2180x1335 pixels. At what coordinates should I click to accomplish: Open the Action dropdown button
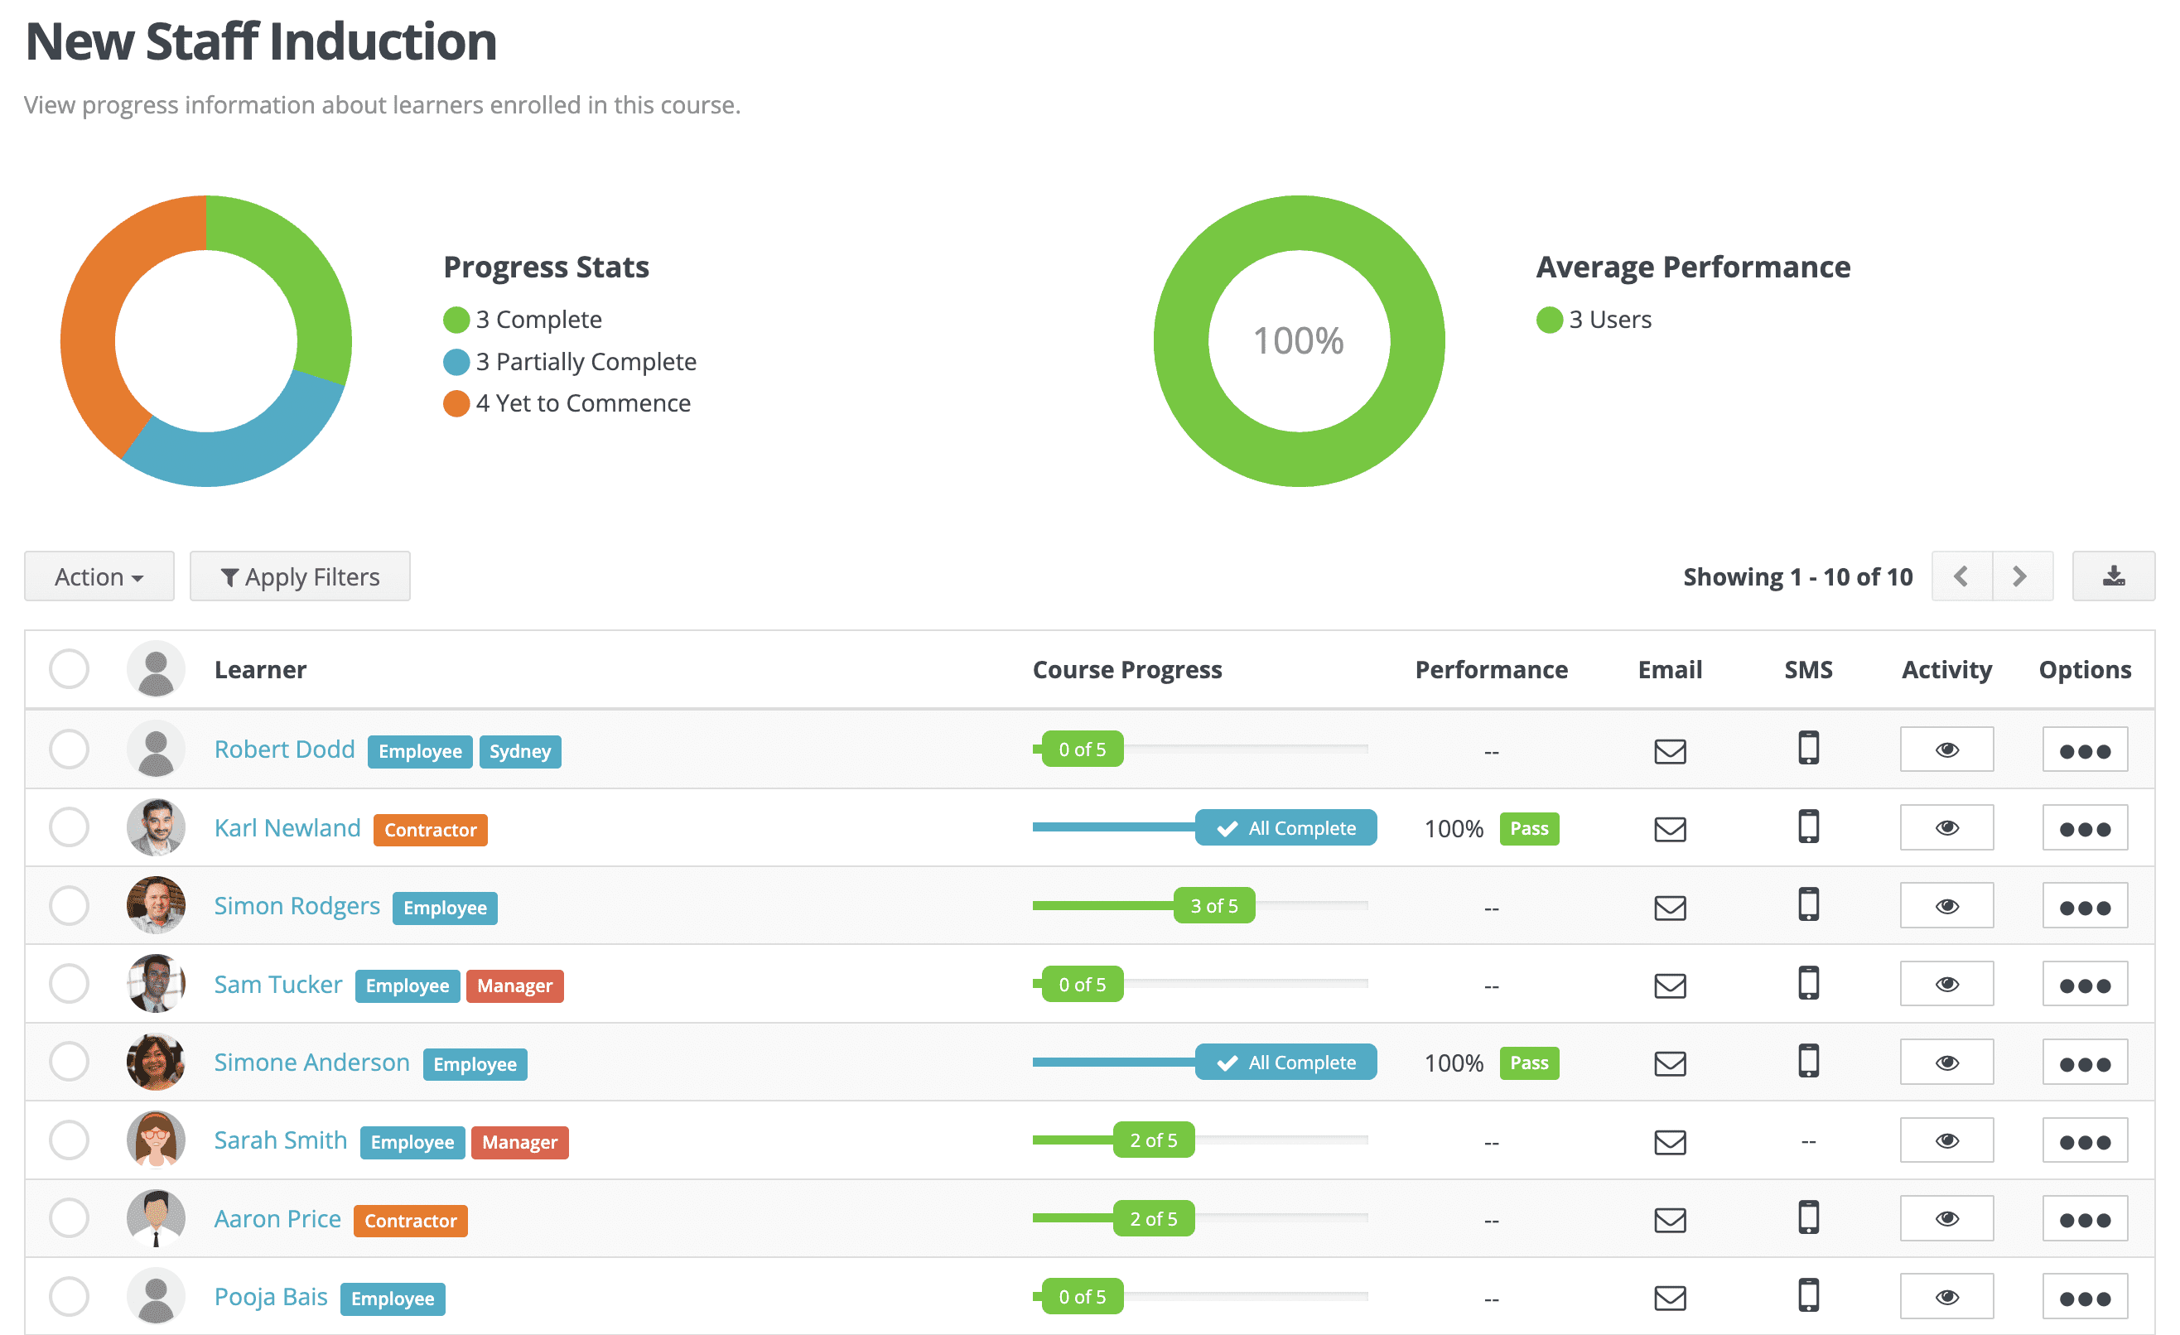tap(99, 577)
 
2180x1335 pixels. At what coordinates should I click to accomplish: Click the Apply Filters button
tap(300, 577)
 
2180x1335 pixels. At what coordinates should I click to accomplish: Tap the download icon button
tap(2114, 577)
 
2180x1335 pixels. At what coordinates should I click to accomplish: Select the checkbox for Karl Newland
tap(69, 828)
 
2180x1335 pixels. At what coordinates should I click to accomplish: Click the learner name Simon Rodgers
tap(297, 906)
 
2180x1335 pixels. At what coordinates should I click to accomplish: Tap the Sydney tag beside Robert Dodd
tap(520, 752)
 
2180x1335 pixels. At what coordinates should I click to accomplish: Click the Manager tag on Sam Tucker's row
tap(515, 986)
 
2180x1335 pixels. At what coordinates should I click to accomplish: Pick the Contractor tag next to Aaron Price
tap(411, 1221)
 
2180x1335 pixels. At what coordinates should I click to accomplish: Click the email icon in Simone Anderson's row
tap(1671, 1063)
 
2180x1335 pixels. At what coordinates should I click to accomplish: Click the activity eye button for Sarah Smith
tap(1946, 1141)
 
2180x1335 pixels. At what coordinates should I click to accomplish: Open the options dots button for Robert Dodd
tap(2085, 750)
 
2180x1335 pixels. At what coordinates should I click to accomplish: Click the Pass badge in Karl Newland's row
tap(1529, 829)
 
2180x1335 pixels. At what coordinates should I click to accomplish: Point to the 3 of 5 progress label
tap(1214, 906)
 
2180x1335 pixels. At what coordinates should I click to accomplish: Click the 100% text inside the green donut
tap(1299, 341)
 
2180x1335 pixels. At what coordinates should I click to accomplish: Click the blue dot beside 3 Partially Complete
tap(456, 362)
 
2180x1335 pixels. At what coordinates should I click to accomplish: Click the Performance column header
tap(1492, 670)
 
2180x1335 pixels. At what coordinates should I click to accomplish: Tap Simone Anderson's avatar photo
tap(156, 1062)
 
